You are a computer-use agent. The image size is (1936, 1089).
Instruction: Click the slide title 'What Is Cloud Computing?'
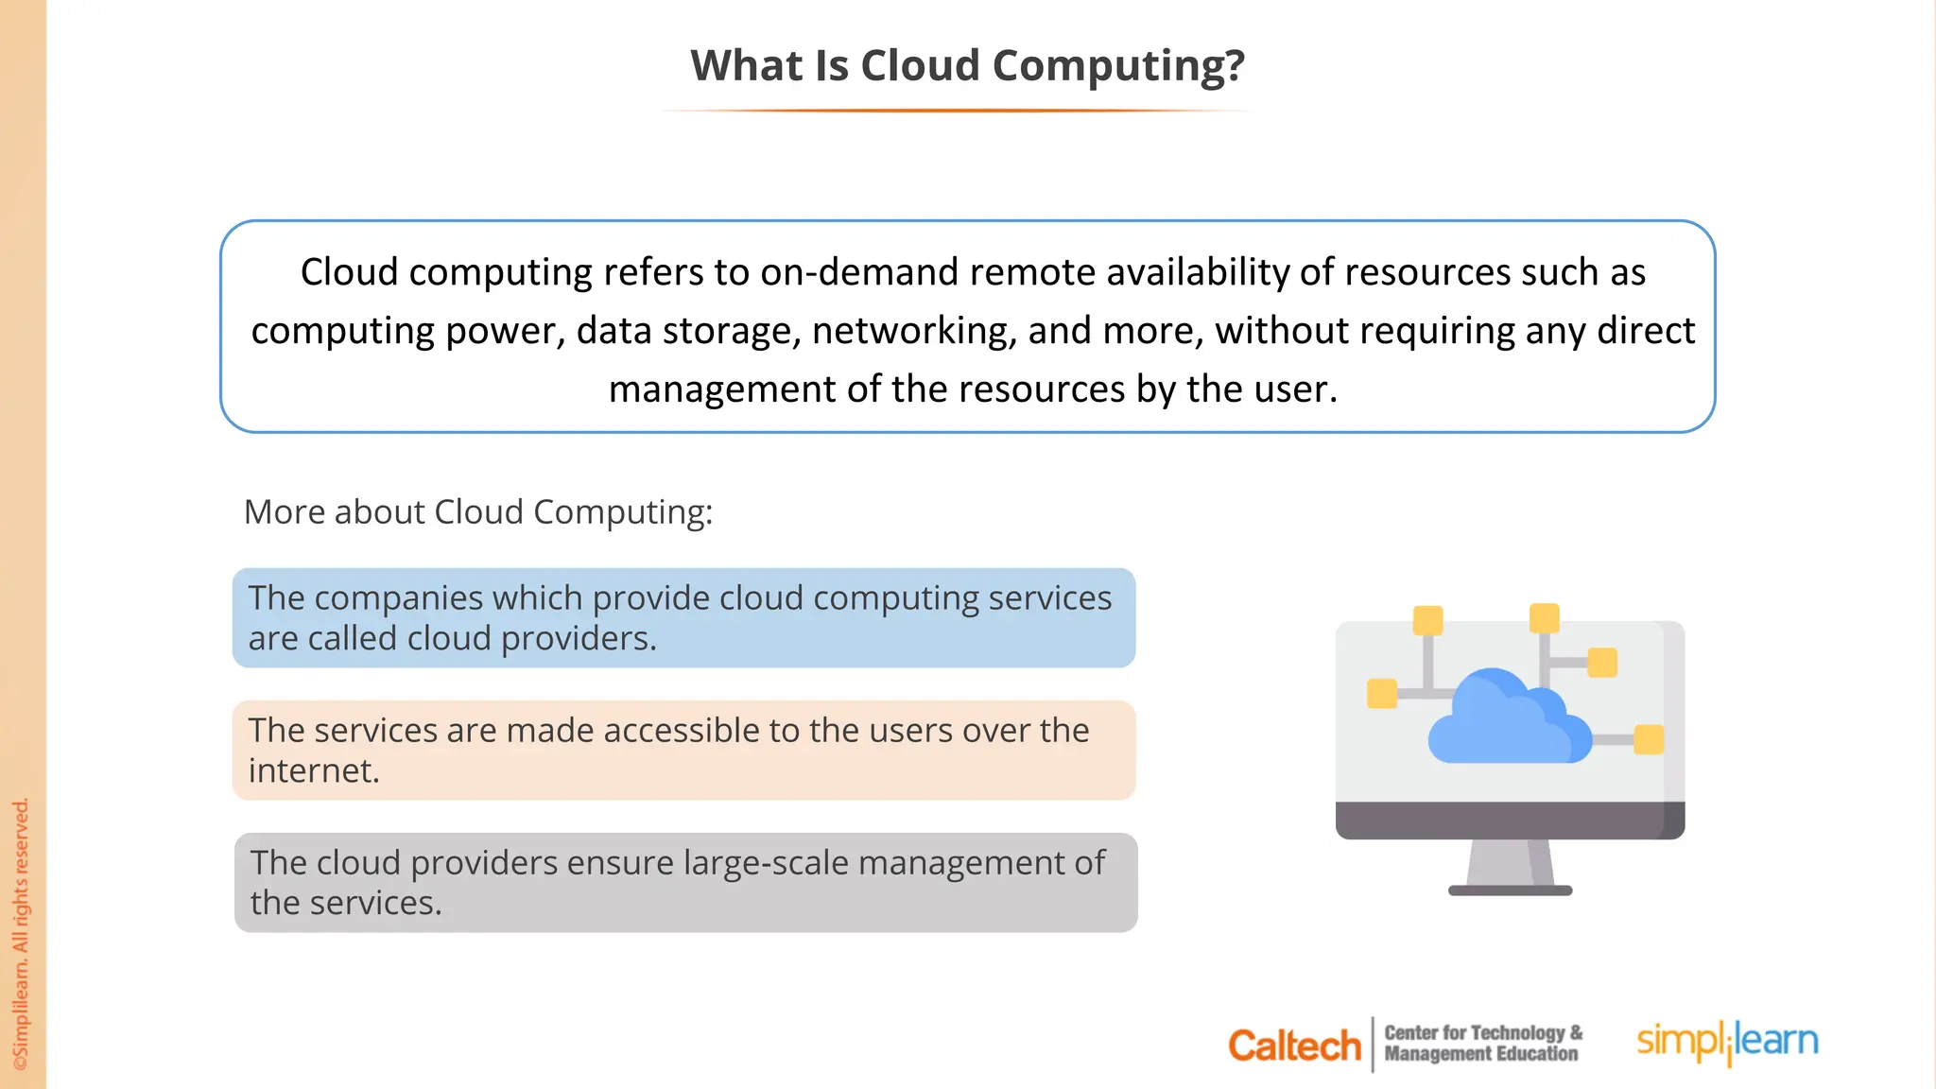coord(967,66)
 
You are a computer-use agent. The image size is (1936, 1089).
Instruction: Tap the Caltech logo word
coord(1293,1046)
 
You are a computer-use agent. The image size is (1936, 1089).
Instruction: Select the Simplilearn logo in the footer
coord(1727,1042)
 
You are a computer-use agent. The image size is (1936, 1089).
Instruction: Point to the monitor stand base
coord(1510,890)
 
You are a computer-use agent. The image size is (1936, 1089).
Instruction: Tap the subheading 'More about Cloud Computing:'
coord(478,512)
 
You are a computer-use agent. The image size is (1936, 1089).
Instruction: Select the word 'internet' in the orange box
coord(311,771)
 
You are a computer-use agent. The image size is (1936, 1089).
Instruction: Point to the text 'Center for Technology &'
coord(1482,1033)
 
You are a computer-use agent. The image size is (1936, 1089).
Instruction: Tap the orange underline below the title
coord(957,111)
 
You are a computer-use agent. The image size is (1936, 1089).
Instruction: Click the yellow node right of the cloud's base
coord(1649,739)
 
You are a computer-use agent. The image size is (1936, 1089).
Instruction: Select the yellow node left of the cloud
coord(1382,693)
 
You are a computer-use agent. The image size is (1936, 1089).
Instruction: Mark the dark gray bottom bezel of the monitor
coord(1510,820)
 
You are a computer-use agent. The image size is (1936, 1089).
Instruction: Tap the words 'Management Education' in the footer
coord(1480,1054)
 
